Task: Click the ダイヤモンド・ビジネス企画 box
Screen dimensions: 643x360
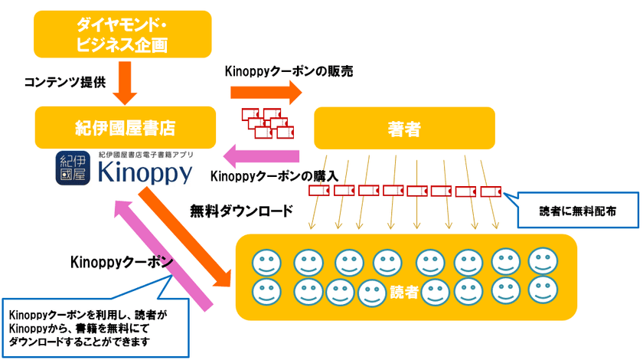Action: click(x=122, y=34)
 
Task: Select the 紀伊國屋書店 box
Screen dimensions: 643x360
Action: click(x=126, y=128)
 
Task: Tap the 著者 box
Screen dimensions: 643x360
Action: click(x=404, y=128)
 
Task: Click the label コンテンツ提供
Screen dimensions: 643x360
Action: click(x=65, y=82)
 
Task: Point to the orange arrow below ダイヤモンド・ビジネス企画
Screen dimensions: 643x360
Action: click(x=125, y=83)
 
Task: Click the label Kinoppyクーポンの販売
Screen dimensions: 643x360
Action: click(x=289, y=71)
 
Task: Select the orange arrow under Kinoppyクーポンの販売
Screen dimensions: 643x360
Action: click(x=266, y=93)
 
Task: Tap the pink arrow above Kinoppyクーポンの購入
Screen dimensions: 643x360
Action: click(x=261, y=156)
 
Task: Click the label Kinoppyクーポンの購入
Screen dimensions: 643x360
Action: click(x=274, y=176)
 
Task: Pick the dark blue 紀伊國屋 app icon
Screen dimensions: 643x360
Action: click(x=73, y=168)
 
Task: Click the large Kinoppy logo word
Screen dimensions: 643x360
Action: click(x=145, y=172)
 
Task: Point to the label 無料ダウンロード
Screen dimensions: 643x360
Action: click(x=242, y=211)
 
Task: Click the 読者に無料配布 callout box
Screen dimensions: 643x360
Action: click(x=577, y=210)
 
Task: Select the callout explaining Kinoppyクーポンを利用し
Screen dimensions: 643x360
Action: click(x=95, y=327)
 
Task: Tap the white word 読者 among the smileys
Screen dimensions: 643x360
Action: click(x=404, y=292)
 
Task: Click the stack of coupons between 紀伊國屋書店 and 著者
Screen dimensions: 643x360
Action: click(x=268, y=123)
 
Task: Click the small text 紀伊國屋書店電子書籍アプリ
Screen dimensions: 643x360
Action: click(x=145, y=155)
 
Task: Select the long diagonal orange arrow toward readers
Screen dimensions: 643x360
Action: click(x=184, y=237)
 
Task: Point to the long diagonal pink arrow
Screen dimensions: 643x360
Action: click(x=163, y=255)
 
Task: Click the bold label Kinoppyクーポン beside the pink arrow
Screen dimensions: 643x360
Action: click(x=122, y=262)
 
